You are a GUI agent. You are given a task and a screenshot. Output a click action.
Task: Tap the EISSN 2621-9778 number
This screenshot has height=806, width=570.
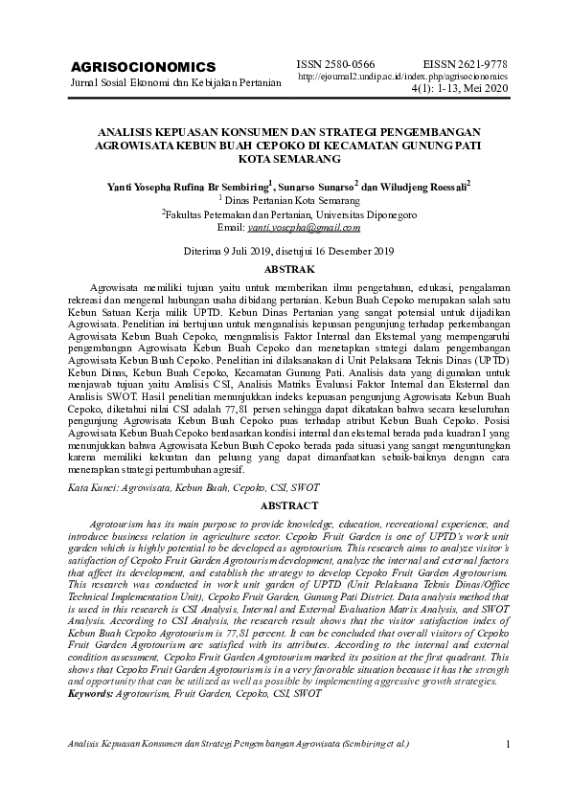click(464, 60)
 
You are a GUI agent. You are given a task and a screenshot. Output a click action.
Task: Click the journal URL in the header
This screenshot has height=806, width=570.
click(403, 75)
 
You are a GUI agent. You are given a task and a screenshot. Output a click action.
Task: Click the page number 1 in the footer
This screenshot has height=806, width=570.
click(507, 744)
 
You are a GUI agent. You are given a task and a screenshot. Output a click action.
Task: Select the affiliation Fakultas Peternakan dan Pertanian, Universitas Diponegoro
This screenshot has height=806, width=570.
click(288, 215)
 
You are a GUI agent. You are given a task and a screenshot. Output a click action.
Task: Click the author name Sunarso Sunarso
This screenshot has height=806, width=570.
click(322, 186)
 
